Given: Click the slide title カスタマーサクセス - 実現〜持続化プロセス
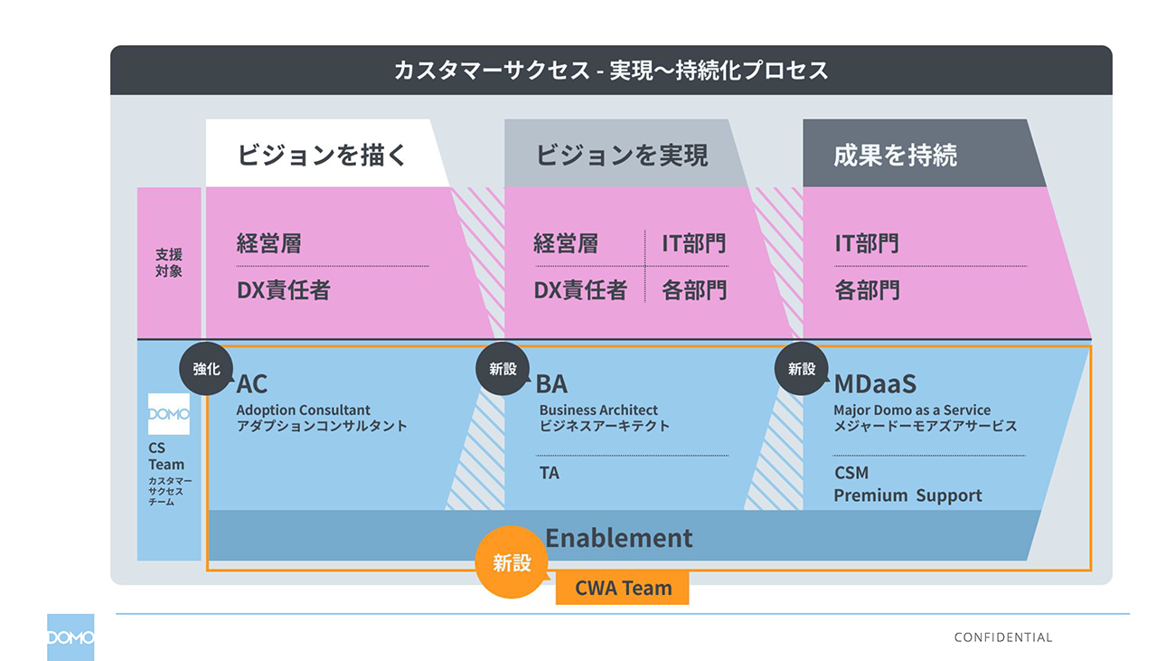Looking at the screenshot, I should [x=610, y=71].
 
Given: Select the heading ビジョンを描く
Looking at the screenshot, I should [x=323, y=155].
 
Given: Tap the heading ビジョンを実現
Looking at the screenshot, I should [x=621, y=155].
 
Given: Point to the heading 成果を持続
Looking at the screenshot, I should [x=895, y=155].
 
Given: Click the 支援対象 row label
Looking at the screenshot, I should [x=168, y=262].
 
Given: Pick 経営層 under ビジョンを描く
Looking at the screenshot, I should [x=268, y=243].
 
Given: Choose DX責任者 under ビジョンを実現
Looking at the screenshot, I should [x=579, y=290].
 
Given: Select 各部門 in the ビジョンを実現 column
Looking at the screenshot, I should [x=693, y=290].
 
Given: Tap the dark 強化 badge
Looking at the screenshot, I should [x=206, y=369].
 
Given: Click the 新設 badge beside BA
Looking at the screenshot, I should [x=503, y=369].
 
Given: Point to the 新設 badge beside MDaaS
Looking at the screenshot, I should [x=801, y=369].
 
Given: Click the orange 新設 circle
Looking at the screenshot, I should [x=512, y=562].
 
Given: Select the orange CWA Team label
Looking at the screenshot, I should [x=623, y=589].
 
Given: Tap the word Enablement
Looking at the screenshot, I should [x=618, y=538].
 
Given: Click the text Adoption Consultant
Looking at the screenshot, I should [x=303, y=410].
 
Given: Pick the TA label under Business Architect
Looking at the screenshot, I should [x=549, y=472].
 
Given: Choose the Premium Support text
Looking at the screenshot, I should [x=907, y=496].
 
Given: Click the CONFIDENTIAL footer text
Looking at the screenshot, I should [x=1002, y=637].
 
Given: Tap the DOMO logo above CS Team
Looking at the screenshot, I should [x=169, y=414].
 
